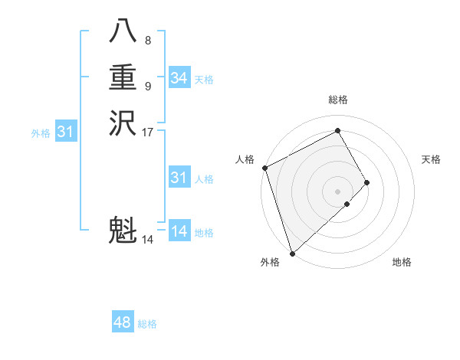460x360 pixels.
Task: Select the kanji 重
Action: coord(123,79)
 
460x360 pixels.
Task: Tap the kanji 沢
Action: coord(123,123)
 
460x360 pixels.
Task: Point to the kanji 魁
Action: coord(123,231)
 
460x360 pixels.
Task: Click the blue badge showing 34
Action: coord(179,78)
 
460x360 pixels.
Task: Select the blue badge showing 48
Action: coord(123,322)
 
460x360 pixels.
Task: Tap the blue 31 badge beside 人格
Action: coord(179,178)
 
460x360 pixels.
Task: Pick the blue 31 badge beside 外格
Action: coord(65,132)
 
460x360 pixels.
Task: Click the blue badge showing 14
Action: coord(179,231)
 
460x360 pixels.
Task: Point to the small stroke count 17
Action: coord(148,132)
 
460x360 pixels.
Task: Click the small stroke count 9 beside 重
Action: coord(148,86)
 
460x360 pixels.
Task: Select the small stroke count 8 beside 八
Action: coord(148,40)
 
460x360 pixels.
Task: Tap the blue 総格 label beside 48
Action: coord(147,324)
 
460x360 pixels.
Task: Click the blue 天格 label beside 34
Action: coord(204,80)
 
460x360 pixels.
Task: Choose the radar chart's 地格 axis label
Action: coord(402,262)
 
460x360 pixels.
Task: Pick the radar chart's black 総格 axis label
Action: coord(338,100)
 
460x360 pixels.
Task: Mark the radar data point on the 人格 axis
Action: coord(264,168)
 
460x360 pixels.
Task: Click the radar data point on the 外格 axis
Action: coord(292,252)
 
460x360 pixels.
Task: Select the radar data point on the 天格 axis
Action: coord(367,182)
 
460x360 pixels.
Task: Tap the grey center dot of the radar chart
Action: coord(338,191)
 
